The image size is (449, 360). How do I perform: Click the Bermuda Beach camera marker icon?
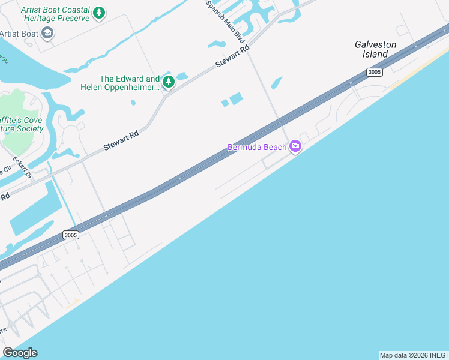[x=295, y=146]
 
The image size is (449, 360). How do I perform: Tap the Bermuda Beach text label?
[x=257, y=147]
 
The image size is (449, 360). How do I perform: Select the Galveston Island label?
[x=375, y=49]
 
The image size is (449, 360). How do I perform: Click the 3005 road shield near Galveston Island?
[x=375, y=73]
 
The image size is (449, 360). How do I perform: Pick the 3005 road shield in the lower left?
[x=70, y=235]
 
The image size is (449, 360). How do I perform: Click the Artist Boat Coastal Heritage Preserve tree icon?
[x=100, y=13]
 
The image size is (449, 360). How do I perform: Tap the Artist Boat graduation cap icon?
[x=47, y=33]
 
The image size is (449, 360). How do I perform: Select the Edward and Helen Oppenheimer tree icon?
[x=169, y=82]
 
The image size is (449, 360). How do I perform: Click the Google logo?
[x=20, y=353]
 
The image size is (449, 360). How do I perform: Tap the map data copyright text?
[x=414, y=355]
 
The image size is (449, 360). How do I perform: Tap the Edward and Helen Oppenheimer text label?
[x=121, y=83]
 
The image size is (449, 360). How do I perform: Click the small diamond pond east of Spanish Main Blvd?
[x=277, y=83]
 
